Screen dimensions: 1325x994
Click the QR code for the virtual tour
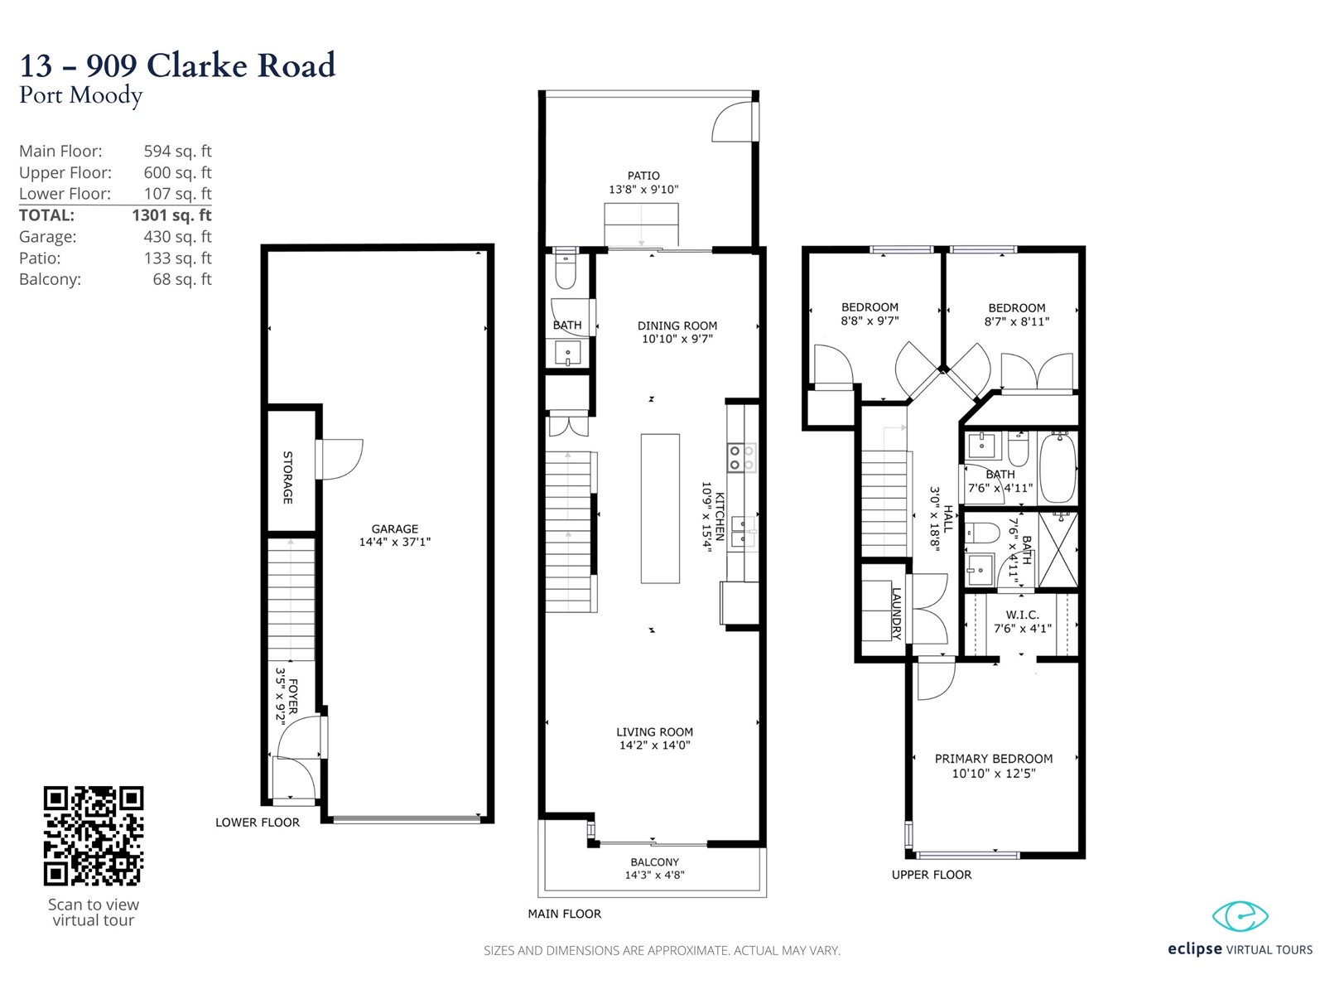[x=94, y=835]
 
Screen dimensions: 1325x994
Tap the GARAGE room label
[x=395, y=528]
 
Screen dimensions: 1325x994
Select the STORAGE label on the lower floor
[x=288, y=477]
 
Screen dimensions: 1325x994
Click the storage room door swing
[x=340, y=459]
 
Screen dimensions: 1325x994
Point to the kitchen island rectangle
[x=660, y=509]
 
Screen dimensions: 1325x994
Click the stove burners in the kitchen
[x=741, y=457]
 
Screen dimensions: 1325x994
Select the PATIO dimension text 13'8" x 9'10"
[x=643, y=190]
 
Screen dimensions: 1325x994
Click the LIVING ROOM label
[x=654, y=732]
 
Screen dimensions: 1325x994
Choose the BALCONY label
[x=654, y=862]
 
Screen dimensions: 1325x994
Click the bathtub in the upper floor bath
[x=1058, y=467]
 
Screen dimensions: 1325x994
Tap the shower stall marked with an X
[x=1058, y=550]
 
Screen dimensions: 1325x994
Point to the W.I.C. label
[x=1022, y=615]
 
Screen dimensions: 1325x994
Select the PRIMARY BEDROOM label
[x=994, y=759]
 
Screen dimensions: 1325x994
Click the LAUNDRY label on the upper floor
[x=896, y=613]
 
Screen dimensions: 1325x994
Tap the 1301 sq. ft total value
[x=171, y=215]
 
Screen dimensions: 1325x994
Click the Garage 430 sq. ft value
[x=177, y=237]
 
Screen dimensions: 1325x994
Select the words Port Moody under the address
[x=81, y=95]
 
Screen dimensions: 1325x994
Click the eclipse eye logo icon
[x=1240, y=917]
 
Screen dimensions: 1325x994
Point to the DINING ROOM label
[x=677, y=326]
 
